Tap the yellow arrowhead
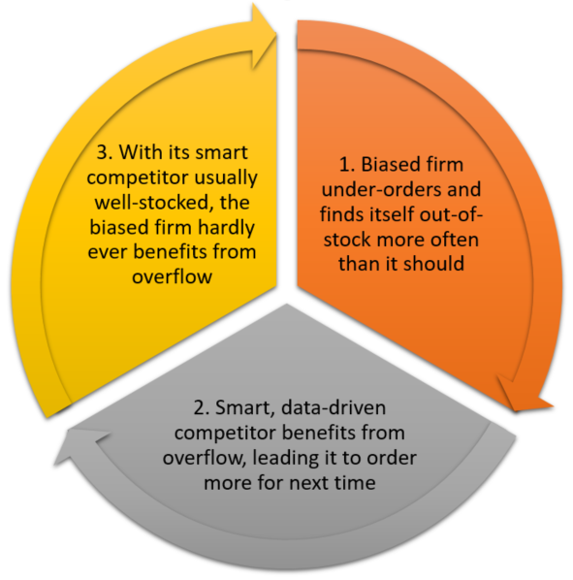point(263,36)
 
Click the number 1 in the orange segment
point(347,164)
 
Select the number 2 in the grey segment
point(201,408)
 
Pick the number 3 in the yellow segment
point(104,152)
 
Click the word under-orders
point(383,189)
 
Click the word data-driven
point(334,408)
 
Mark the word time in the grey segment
point(355,483)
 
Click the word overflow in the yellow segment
point(173,276)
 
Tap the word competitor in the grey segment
point(225,434)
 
